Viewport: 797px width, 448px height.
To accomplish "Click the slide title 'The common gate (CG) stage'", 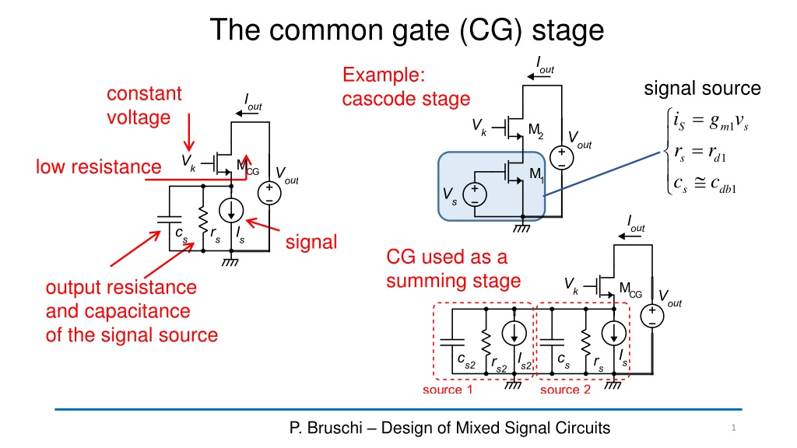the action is (x=406, y=30).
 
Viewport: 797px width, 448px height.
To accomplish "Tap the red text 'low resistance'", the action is (x=98, y=166).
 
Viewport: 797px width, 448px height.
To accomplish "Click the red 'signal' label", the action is (x=311, y=242).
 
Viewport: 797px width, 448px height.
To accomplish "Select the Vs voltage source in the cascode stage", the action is (x=474, y=194).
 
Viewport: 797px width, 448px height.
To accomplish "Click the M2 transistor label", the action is (x=535, y=131).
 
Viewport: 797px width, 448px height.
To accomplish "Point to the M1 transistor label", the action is (x=537, y=175).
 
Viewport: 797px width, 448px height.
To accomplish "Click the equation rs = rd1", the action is (x=700, y=153).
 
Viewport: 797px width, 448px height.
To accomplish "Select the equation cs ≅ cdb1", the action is (x=704, y=184).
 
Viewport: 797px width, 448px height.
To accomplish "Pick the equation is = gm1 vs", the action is (x=711, y=121).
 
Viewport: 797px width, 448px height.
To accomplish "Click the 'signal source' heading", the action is (x=702, y=89).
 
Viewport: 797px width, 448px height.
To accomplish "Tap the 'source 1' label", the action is (x=448, y=390).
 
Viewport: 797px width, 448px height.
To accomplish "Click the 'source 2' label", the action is (x=565, y=390).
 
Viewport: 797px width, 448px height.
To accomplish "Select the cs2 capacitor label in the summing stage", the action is (x=466, y=361).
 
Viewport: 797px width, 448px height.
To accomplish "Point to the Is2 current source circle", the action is (x=514, y=334).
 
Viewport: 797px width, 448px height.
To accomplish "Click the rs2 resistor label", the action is (x=499, y=365).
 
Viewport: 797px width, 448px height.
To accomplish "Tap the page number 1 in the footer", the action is (x=733, y=428).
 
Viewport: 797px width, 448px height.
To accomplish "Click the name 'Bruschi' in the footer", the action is (x=333, y=428).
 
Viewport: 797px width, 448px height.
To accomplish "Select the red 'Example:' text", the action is (x=384, y=75).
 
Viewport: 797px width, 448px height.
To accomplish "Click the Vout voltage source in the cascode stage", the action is (x=561, y=157).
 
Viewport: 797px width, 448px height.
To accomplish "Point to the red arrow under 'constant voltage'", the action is (x=189, y=132).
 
